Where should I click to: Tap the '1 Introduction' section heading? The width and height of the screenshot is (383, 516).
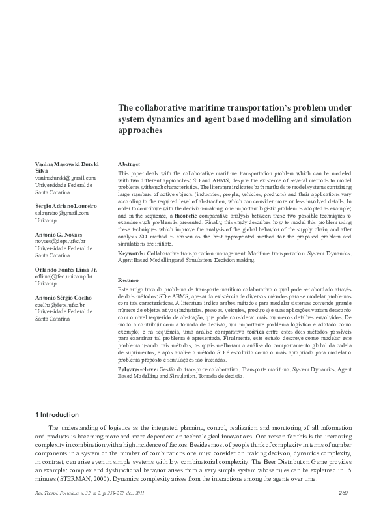point(56,414)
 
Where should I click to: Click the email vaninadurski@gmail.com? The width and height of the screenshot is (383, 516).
point(66,177)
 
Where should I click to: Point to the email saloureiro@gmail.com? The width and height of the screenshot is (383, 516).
point(63,213)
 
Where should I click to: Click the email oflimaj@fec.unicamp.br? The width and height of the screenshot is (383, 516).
point(64,276)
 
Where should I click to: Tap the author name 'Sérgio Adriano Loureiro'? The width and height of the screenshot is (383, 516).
point(66,205)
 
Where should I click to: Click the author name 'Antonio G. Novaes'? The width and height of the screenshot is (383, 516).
point(59,233)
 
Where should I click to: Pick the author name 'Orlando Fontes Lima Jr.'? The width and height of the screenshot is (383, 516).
point(66,268)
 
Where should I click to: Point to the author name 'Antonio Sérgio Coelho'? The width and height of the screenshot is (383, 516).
point(64,296)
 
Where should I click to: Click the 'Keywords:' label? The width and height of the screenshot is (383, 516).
point(131,252)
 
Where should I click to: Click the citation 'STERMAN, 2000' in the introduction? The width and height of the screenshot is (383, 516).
point(77,479)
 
